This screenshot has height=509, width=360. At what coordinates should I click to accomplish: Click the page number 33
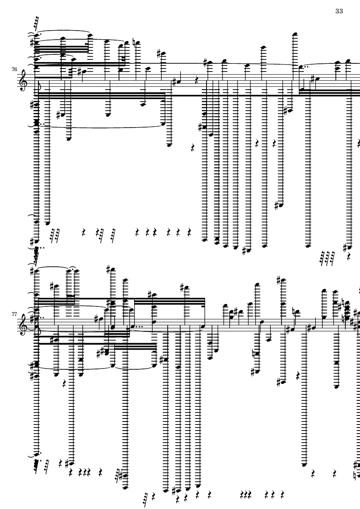(338, 11)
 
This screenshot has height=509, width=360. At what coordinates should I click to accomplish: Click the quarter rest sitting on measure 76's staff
(196, 80)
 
